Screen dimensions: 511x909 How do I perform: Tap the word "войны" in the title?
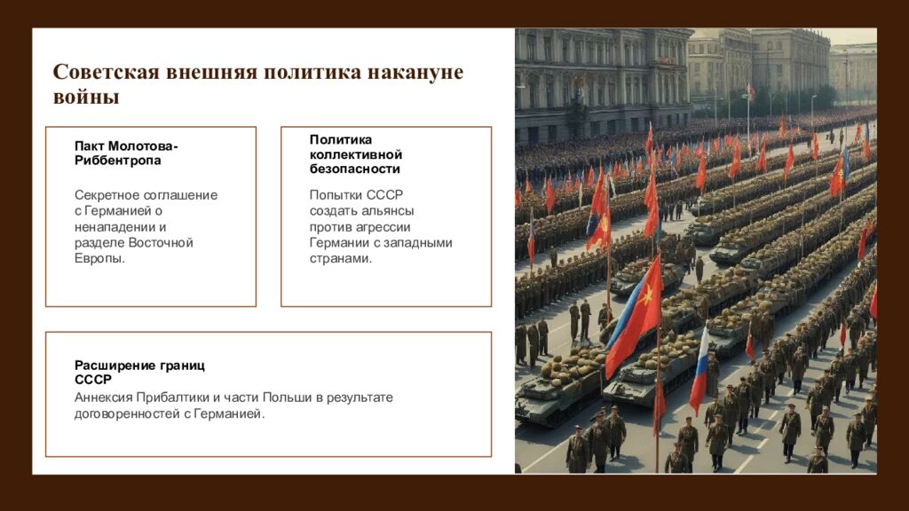tap(85, 98)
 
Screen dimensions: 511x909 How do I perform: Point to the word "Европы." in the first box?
tap(99, 259)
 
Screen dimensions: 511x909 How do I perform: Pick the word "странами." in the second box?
tap(341, 259)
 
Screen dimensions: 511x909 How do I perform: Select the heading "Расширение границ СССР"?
tap(139, 373)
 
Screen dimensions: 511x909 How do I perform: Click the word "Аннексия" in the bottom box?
tap(104, 397)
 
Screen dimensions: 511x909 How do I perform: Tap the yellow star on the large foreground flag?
tap(645, 295)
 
